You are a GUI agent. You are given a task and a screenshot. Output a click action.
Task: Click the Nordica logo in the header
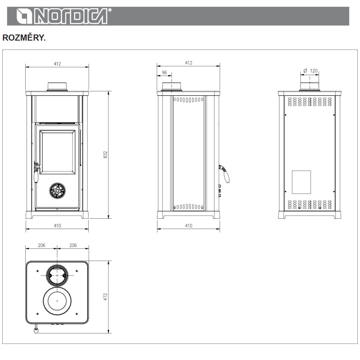pyautogui.click(x=61, y=16)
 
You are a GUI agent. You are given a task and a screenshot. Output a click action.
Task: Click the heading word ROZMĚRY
pyautogui.click(x=24, y=38)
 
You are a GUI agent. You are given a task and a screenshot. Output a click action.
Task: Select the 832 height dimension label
pyautogui.click(x=106, y=154)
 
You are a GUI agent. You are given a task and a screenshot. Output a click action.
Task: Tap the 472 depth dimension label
pyautogui.click(x=106, y=297)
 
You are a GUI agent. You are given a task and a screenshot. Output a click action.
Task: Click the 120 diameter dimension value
pyautogui.click(x=314, y=71)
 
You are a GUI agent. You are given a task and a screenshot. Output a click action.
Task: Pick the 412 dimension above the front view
pyautogui.click(x=57, y=64)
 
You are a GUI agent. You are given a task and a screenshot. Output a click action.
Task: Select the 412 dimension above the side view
pyautogui.click(x=189, y=63)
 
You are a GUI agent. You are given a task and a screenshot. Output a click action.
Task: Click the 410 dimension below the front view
pyautogui.click(x=57, y=225)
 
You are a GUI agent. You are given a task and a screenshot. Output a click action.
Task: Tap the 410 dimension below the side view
pyautogui.click(x=189, y=225)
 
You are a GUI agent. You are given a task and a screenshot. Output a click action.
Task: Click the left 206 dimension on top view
pyautogui.click(x=41, y=245)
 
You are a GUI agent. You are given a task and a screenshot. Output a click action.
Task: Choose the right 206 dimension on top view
pyautogui.click(x=73, y=245)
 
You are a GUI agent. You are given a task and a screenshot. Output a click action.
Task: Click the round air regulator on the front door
pyautogui.click(x=58, y=190)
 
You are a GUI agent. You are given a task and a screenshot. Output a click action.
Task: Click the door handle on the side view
pyautogui.click(x=225, y=174)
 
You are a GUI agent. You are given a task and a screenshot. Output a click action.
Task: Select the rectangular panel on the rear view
pyautogui.click(x=301, y=182)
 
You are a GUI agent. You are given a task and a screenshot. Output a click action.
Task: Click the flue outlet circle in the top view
pyautogui.click(x=58, y=275)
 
